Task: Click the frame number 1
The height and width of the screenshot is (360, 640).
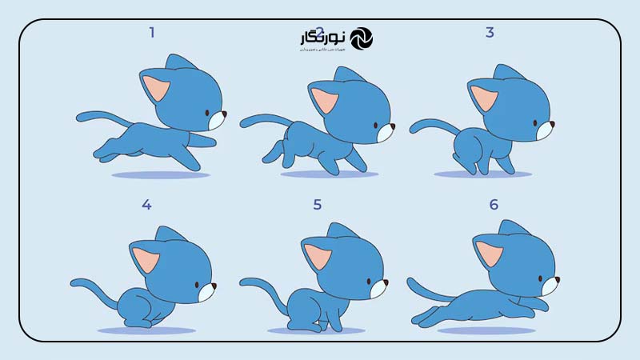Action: tap(151, 33)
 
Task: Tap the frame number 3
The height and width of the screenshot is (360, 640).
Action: tap(490, 33)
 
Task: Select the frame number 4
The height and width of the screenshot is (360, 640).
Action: tap(146, 205)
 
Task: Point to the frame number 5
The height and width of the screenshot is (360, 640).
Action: tap(318, 205)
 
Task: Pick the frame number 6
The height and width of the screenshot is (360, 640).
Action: tap(494, 205)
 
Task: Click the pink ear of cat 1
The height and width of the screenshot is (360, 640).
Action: tap(155, 86)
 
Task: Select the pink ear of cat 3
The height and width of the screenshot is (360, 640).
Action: tap(483, 98)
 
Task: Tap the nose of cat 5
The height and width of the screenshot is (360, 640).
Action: tap(386, 282)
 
